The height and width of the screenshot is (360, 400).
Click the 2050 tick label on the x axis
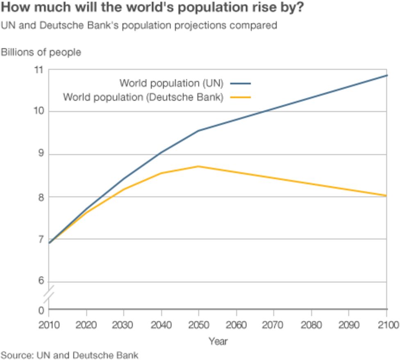coord(198,325)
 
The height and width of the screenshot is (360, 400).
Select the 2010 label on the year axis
coord(49,325)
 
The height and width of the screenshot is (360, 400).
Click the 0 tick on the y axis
coord(41,310)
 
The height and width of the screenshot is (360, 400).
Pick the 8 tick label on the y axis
coord(40,197)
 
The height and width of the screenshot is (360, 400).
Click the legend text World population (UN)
coord(171,83)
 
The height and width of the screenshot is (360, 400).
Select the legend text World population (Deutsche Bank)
coord(143,97)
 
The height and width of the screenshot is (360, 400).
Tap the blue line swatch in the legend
coord(240,84)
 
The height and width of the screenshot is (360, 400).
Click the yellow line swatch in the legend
coord(240,97)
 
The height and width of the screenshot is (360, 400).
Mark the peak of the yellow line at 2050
coord(198,166)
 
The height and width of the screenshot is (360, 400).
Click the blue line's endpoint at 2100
coord(386,75)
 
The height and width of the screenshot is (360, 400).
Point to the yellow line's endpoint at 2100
coord(386,196)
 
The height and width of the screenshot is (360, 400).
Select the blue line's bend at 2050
coord(198,131)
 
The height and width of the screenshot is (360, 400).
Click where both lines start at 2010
coord(49,243)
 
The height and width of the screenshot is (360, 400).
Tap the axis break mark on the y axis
coord(49,296)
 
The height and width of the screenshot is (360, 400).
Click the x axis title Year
coord(218,341)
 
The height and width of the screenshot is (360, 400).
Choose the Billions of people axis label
coord(41,52)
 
